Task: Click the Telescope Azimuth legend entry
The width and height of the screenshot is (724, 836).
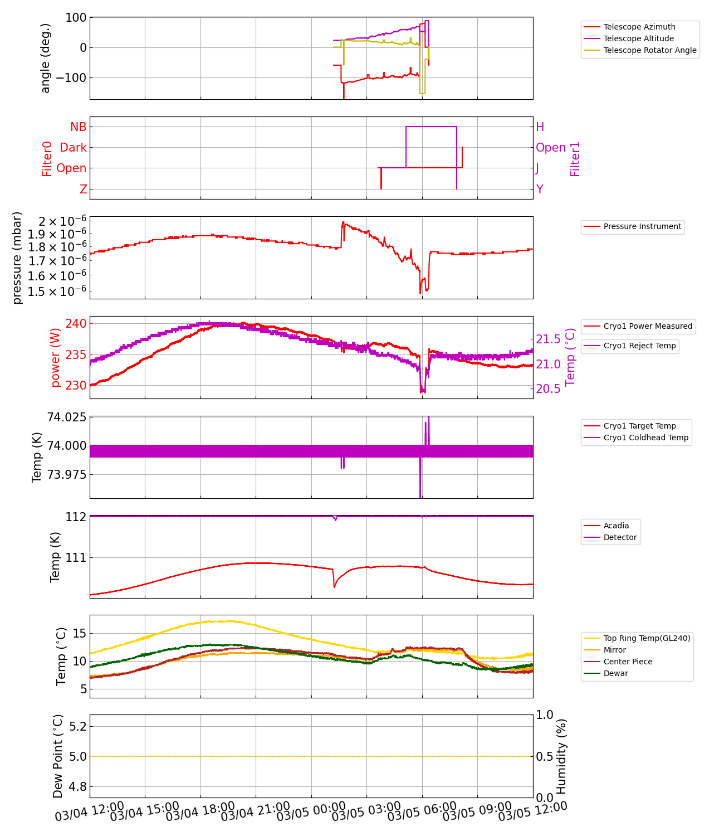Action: click(x=639, y=27)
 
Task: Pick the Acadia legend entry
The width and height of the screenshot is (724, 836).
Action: click(x=616, y=526)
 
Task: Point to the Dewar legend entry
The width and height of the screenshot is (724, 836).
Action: click(x=615, y=673)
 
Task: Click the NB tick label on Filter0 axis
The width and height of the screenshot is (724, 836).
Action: click(x=78, y=127)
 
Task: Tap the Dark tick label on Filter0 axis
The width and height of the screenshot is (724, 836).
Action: click(x=74, y=148)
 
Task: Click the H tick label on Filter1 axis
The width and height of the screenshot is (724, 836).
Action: click(x=540, y=127)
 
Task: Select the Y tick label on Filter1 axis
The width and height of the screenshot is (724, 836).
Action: click(x=540, y=189)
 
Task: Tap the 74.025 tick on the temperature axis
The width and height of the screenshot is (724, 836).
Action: click(x=66, y=417)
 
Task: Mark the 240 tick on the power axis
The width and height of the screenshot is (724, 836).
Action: click(x=76, y=324)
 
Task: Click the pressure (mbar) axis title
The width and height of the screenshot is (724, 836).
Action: click(x=17, y=257)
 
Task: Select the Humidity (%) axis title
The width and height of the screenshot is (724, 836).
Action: click(x=561, y=756)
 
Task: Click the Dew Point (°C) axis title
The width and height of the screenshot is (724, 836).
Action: click(x=58, y=756)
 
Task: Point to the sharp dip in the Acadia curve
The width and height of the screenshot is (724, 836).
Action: click(x=334, y=587)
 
